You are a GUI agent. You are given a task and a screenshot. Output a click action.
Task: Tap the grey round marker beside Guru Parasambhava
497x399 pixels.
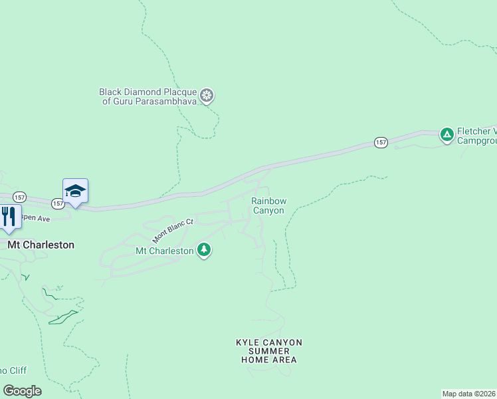tap(207, 96)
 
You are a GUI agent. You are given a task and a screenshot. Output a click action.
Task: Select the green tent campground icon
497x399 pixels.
tap(447, 134)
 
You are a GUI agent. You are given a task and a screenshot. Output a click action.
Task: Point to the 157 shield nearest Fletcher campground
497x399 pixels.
tap(381, 142)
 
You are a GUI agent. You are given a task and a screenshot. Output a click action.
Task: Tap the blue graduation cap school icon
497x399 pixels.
tap(75, 191)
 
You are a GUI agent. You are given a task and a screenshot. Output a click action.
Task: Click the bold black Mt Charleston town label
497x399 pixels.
tap(41, 245)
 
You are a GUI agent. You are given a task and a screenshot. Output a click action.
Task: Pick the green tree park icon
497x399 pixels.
tap(205, 250)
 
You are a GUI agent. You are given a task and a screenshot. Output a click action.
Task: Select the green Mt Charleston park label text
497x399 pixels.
tap(164, 251)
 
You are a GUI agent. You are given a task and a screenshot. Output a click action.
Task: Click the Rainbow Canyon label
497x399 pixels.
tap(268, 205)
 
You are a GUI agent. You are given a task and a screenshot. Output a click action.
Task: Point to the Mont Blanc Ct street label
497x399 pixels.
tap(172, 230)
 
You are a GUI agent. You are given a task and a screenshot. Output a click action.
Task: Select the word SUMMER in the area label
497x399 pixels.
tap(269, 351)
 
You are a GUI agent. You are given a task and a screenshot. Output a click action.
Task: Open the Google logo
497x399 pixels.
tap(22, 391)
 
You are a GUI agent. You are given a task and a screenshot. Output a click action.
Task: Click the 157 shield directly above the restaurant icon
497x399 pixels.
tap(19, 197)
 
